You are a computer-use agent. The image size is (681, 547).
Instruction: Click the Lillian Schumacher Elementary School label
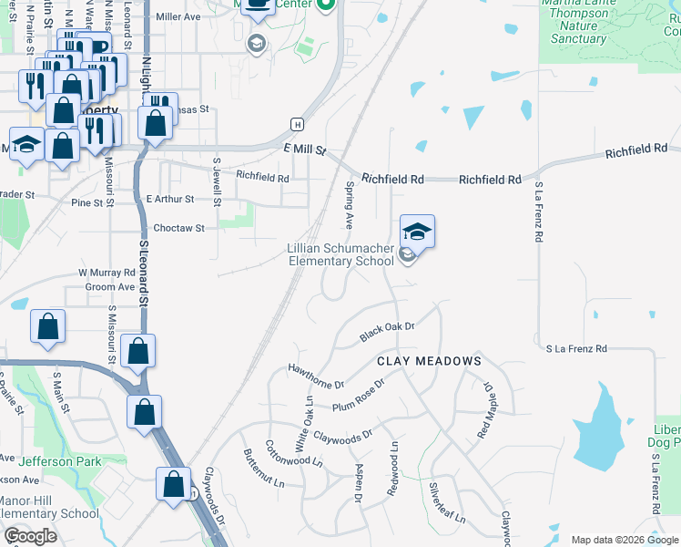tap(341, 254)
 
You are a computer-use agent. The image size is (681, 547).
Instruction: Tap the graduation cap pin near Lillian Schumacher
tap(417, 231)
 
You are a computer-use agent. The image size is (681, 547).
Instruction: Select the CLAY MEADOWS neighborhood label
tap(429, 361)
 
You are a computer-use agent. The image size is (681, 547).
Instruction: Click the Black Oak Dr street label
tap(387, 332)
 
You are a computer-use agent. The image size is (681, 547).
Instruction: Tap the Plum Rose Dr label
tap(359, 396)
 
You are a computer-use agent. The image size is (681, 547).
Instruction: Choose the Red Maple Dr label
tap(484, 411)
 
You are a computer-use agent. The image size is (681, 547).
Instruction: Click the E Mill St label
tap(304, 149)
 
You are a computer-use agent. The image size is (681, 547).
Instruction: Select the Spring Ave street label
tap(350, 206)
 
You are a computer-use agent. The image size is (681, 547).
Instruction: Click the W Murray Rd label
tap(107, 273)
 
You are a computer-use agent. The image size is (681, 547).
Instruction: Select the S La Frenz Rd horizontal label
tap(576, 348)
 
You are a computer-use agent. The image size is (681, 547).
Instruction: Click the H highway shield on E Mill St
tap(296, 124)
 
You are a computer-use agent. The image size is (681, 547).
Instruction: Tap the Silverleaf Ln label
tap(448, 503)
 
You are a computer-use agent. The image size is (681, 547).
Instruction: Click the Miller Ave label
tap(178, 16)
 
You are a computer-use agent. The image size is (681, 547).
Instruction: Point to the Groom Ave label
tap(109, 286)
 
